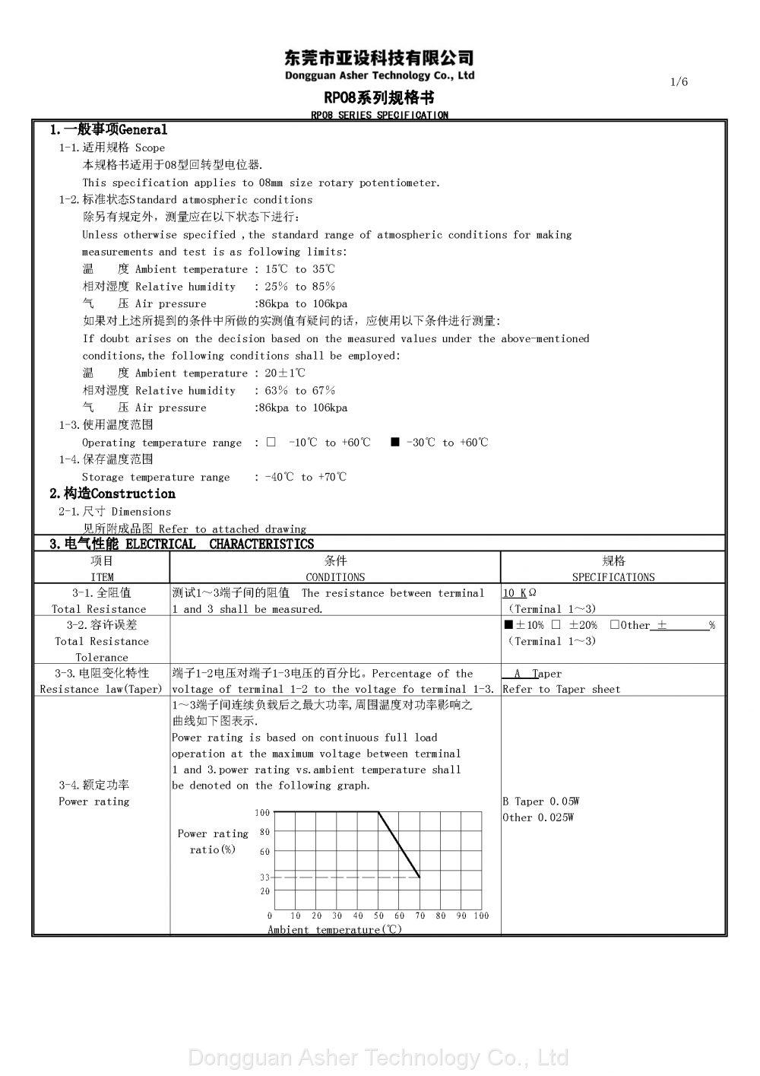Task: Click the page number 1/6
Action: pos(679,82)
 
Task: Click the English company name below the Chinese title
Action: pos(379,75)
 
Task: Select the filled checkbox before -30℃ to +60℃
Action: pos(395,442)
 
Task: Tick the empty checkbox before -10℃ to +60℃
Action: pos(271,442)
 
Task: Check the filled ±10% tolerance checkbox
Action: pos(508,625)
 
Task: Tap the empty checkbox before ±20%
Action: pos(556,625)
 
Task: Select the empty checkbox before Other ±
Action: pos(614,625)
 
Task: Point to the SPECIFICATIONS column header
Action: pos(613,577)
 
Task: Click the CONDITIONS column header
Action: pos(335,577)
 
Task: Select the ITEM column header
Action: pos(102,577)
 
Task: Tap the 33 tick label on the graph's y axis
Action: pos(264,878)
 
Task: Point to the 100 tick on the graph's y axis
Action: pos(262,813)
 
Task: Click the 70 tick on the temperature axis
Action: pos(420,916)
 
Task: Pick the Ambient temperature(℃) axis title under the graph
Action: pos(334,930)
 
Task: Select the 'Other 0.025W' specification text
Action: pos(538,817)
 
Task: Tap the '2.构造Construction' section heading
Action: pos(112,494)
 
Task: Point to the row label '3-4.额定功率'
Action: pos(94,785)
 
